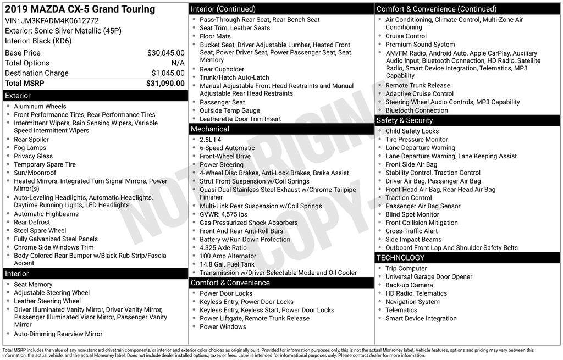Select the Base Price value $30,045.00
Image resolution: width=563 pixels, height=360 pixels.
coord(165,53)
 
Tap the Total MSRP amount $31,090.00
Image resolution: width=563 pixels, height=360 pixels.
coord(165,83)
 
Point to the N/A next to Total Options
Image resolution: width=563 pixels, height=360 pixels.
coord(178,63)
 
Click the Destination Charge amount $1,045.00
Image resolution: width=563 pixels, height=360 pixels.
coord(168,73)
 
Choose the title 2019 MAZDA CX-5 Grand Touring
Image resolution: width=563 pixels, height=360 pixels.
coord(80,9)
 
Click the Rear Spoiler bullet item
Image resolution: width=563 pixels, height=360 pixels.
coord(31,140)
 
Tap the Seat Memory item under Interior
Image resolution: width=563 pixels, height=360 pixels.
coord(33,285)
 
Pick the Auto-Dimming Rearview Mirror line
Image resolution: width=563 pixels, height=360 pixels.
coord(58,334)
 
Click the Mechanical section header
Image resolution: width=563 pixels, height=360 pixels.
coord(209,129)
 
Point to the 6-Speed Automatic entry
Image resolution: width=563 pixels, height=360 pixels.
coord(227,148)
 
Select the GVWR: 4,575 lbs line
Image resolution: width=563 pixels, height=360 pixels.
coord(223,214)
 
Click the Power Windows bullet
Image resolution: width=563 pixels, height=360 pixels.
coord(223,327)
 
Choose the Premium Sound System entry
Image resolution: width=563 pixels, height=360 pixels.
coord(420,45)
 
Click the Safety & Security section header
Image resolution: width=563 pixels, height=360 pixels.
coord(404,120)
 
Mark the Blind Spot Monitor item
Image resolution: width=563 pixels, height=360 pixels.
coord(412,214)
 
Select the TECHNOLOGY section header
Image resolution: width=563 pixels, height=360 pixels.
coord(400,258)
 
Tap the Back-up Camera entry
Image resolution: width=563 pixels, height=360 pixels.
coord(409,285)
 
